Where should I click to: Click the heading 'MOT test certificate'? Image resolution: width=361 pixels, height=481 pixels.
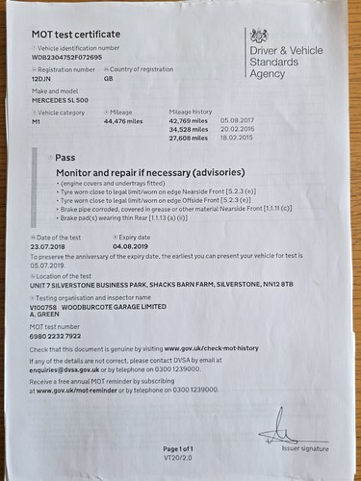[67, 34]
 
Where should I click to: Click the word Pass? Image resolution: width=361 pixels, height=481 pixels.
[65, 156]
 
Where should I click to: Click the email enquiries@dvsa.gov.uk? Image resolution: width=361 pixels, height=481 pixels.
[64, 368]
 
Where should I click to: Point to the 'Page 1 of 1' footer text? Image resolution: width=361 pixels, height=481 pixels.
[180, 448]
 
